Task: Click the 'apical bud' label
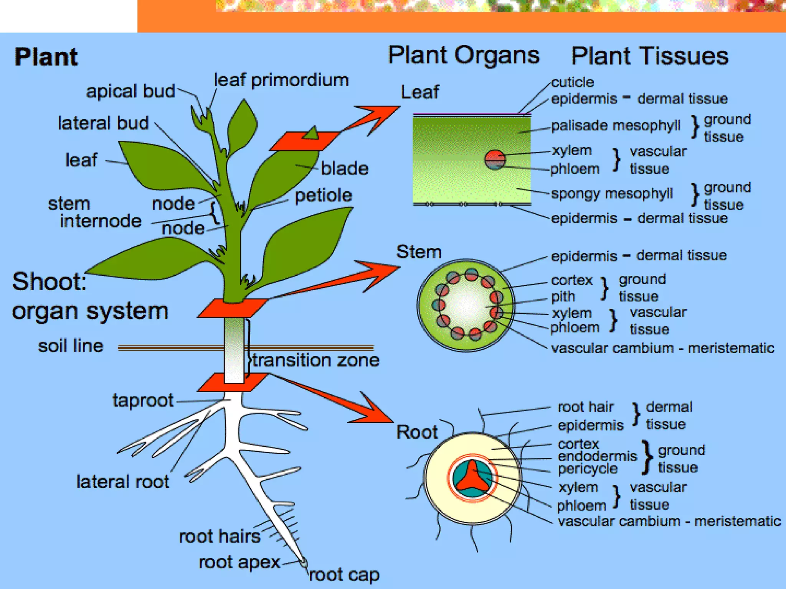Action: point(130,91)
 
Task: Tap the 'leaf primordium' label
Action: point(281,80)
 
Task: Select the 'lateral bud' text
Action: point(103,123)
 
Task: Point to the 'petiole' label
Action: point(323,196)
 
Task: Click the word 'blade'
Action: point(344,169)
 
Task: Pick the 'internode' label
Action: point(101,221)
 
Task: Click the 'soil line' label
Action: point(71,346)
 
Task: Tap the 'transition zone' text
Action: point(315,360)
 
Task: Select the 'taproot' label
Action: point(143,400)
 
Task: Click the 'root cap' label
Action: point(344,574)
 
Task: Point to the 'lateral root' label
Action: point(123,482)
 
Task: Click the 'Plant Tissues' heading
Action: point(649,56)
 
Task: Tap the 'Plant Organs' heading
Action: point(464,55)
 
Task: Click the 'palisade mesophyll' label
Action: point(616,126)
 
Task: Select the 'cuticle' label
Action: point(573,82)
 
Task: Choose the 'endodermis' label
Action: point(597,456)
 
